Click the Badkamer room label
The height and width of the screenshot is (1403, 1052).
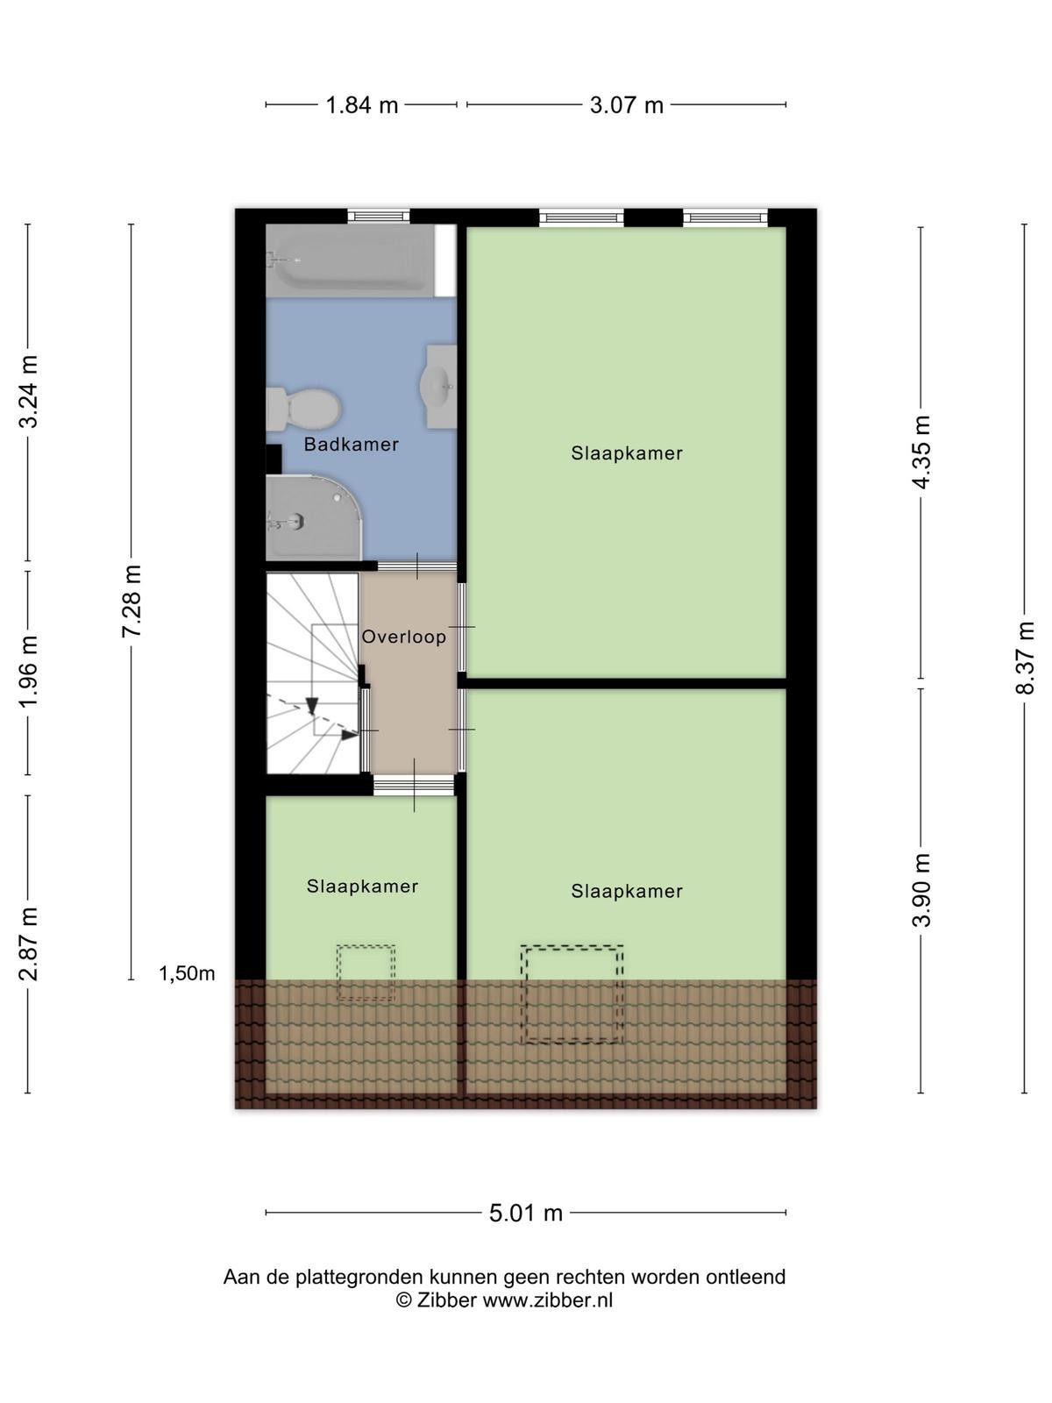click(x=351, y=445)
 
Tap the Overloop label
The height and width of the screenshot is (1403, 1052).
click(x=403, y=637)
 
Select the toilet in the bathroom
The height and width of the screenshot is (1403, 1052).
click(x=302, y=409)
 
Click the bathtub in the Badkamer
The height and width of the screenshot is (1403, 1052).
click(x=350, y=260)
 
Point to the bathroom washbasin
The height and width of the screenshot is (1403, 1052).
click(x=439, y=387)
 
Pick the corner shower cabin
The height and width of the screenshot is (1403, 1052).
click(x=315, y=517)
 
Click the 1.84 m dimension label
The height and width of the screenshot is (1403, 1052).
click(x=361, y=105)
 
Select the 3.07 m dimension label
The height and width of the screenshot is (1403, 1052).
click(x=627, y=105)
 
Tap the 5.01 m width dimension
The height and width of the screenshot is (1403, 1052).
click(x=526, y=1213)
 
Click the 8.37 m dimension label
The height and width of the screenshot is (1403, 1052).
click(x=1024, y=658)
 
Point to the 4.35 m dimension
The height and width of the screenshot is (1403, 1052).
click(x=920, y=452)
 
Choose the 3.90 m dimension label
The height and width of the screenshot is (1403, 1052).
click(x=920, y=890)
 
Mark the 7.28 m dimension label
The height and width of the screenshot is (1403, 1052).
click(x=131, y=601)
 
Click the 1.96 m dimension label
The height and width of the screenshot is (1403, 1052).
click(x=28, y=672)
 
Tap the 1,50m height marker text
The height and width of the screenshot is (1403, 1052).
click(x=187, y=973)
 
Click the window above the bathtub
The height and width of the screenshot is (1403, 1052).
click(x=378, y=217)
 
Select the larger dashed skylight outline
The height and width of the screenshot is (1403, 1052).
click(x=572, y=993)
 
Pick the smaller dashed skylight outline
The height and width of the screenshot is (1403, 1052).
click(x=366, y=972)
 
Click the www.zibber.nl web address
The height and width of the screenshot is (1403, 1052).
click(x=547, y=1300)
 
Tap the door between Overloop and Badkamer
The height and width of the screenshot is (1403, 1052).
click(x=417, y=566)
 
